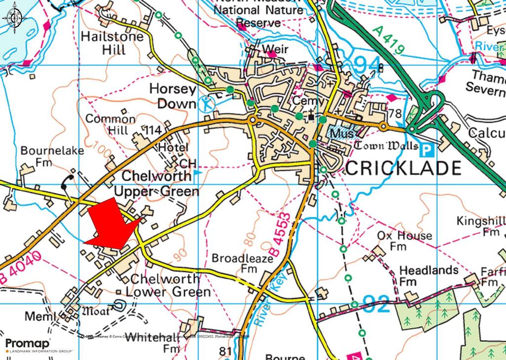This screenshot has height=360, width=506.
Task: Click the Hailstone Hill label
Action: [x=112, y=43]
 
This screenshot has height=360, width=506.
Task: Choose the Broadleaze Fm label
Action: [x=237, y=263]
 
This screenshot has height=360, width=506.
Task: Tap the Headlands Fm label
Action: [x=422, y=276]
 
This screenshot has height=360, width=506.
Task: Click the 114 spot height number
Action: [x=152, y=130]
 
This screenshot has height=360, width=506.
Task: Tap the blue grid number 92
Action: [x=378, y=303]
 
